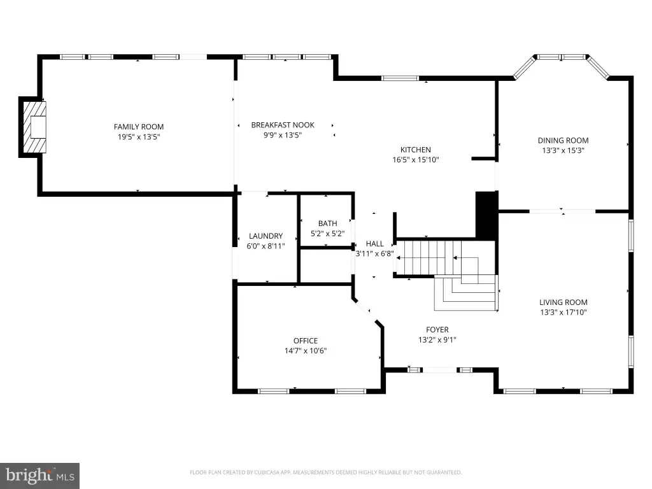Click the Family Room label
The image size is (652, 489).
click(138, 127)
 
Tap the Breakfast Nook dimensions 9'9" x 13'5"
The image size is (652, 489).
click(282, 135)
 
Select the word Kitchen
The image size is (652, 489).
click(415, 150)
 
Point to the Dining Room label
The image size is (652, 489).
click(563, 141)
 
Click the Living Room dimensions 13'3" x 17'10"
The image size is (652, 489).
click(563, 312)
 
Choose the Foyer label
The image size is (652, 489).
click(437, 330)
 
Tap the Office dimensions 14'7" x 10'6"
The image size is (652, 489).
click(306, 351)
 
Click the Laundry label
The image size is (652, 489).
click(266, 236)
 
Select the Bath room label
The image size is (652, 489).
click(328, 223)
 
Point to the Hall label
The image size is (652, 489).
click(374, 244)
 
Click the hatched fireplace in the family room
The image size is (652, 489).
click(34, 127)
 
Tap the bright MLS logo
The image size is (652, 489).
click(39, 476)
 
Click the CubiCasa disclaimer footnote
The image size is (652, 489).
click(325, 472)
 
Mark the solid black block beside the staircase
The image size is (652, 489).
click(486, 215)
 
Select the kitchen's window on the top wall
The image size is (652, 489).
click(400, 78)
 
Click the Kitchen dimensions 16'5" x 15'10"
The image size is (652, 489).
click(415, 160)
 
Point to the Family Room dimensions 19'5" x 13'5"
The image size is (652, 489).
click(138, 137)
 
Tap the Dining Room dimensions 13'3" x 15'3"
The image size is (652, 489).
click(563, 150)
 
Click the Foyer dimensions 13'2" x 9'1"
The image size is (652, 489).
click(437, 340)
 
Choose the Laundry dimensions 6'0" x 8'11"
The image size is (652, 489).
click(266, 246)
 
